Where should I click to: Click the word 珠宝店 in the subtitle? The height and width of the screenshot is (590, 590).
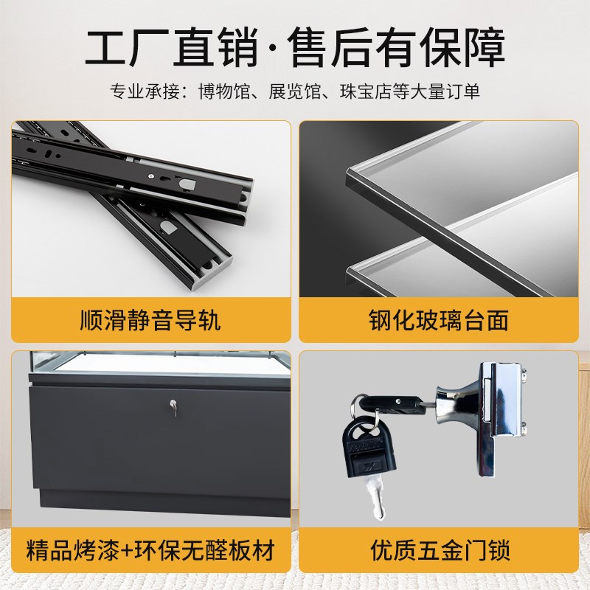tap(361, 91)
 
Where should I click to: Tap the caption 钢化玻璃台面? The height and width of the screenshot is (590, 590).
tap(439, 320)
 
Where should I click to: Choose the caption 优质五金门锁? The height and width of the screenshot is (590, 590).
tap(439, 549)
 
